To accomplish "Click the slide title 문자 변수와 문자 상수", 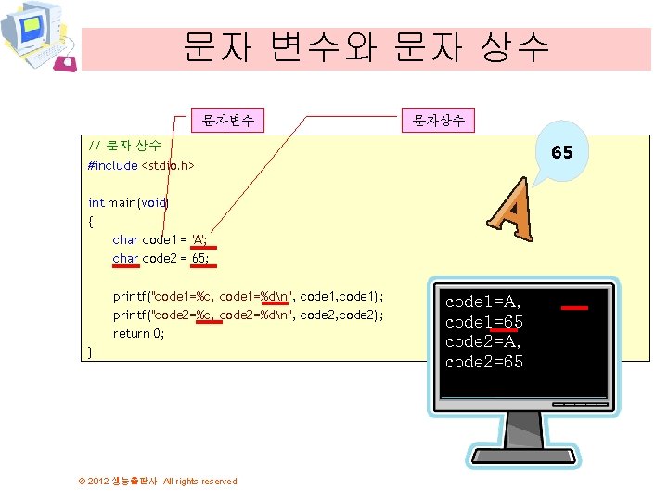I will click(366, 45).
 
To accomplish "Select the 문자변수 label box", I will click(227, 120).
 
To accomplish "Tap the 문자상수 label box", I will click(439, 120).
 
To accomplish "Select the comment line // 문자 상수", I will click(125, 146).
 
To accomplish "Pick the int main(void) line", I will click(128, 202).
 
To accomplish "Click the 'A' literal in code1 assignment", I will click(199, 239).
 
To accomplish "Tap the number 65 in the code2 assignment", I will click(199, 258).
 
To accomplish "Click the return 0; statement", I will click(138, 333).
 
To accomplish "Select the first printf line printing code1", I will click(248, 296).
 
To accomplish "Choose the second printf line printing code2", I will click(248, 315).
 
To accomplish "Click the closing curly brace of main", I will click(90, 352).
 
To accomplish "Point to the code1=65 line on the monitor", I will click(484, 322).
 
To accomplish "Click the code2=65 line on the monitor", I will click(484, 362).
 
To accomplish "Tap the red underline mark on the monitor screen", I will click(575, 305).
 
